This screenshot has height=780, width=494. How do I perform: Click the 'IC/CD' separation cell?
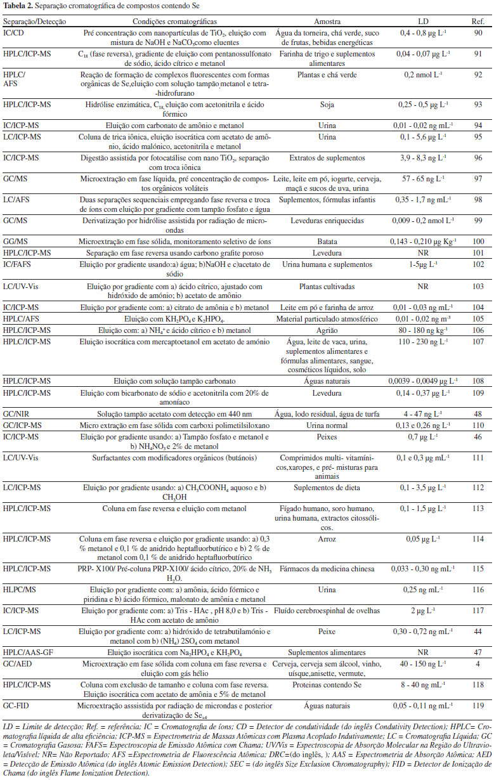(14, 32)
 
